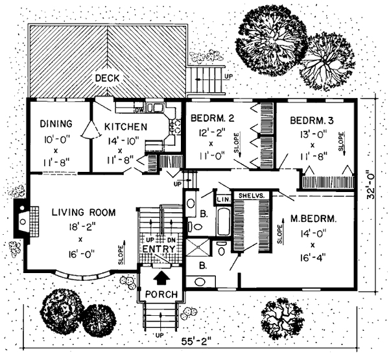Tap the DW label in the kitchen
click(138, 108)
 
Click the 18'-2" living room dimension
click(77, 227)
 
